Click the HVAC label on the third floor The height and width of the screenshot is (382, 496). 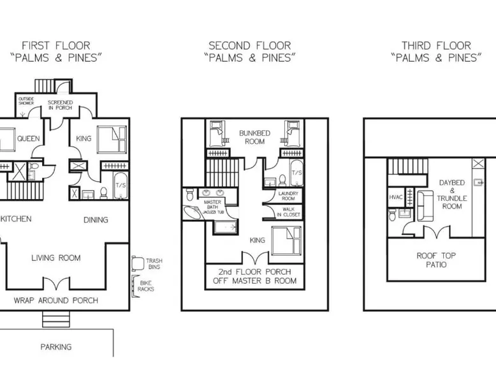tap(395, 197)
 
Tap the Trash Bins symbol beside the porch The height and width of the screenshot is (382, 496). tap(138, 263)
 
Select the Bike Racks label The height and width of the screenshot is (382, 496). tap(146, 286)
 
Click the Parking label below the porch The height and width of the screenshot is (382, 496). tap(56, 347)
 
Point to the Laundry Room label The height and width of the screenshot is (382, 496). tap(288, 196)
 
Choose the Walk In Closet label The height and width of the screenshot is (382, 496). tap(289, 212)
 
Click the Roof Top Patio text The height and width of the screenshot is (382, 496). tap(436, 260)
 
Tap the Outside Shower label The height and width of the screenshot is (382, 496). tap(26, 101)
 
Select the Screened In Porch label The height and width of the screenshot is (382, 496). tap(60, 105)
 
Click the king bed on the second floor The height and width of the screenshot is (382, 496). tap(286, 240)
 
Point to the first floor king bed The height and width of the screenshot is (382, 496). tap(112, 140)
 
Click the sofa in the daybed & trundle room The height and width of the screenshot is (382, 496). tap(425, 206)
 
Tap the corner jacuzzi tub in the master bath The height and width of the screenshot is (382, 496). tap(193, 212)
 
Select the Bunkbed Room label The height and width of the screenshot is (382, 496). tap(254, 137)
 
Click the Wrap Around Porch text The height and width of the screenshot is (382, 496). tap(56, 300)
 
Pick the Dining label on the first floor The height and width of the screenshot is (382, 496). tap(96, 219)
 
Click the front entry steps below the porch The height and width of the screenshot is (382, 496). tap(56, 319)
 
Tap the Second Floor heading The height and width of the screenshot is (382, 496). tap(249, 46)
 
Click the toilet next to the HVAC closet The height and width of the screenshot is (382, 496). tap(392, 214)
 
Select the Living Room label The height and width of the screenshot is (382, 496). tap(56, 258)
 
